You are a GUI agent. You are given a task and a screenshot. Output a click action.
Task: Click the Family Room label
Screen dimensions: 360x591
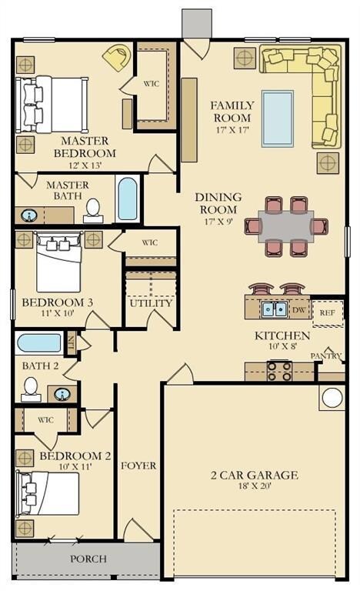point(232,112)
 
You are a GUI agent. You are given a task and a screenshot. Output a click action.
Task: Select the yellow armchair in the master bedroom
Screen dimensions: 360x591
point(117,57)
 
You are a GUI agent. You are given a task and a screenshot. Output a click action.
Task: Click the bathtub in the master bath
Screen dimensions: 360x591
point(128,199)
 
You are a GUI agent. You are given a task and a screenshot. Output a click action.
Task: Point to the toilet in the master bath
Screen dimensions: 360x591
point(93,211)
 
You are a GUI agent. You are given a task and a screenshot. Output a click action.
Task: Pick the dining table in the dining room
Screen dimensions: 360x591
point(286,226)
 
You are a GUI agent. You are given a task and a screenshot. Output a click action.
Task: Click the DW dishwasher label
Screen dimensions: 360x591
point(298,310)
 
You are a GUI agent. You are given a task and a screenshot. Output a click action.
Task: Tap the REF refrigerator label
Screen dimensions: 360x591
point(327,313)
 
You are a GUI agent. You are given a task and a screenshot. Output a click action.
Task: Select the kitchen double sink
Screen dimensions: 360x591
point(274,309)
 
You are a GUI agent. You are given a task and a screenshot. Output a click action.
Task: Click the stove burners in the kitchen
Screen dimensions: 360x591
point(279,371)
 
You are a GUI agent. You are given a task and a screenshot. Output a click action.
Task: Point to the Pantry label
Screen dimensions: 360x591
point(326,356)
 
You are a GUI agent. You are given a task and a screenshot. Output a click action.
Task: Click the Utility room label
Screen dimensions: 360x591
point(151,303)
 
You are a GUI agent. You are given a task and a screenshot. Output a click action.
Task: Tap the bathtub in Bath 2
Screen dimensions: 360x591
point(39,343)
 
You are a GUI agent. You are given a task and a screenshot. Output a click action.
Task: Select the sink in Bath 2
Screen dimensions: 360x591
point(62,394)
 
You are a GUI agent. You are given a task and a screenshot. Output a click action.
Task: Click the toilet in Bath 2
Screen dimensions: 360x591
point(31,389)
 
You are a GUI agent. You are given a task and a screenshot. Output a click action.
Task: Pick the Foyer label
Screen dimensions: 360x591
point(138,466)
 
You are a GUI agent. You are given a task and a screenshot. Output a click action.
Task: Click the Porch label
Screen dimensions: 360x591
point(88,559)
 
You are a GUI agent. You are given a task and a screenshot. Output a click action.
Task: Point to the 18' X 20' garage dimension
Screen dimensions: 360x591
point(255,486)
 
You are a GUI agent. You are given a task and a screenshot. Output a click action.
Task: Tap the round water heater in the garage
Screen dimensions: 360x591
point(332,398)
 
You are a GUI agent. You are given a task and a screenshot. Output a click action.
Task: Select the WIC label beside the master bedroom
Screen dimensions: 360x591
point(152,84)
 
